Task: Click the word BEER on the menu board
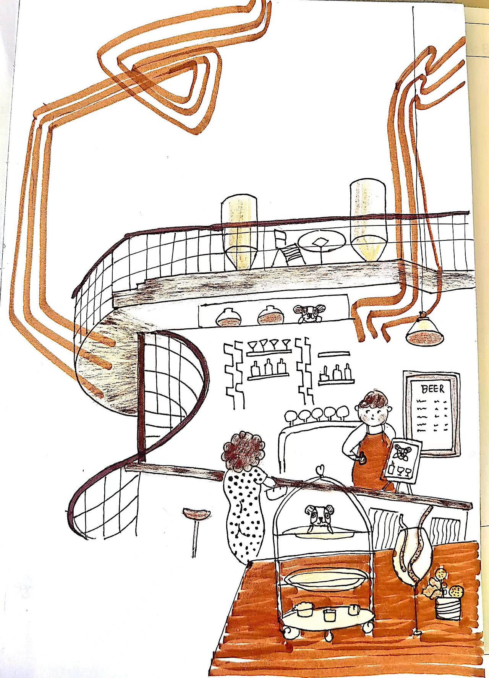(x=433, y=389)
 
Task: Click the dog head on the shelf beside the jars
(x=309, y=313)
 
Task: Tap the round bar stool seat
(x=196, y=513)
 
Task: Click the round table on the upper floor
(x=322, y=242)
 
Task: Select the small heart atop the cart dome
(x=320, y=469)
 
